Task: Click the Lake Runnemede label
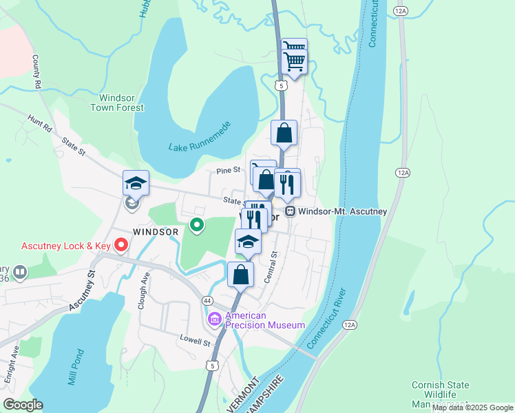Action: pos(200,147)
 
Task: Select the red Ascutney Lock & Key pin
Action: pos(122,244)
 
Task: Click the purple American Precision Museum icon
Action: pos(214,319)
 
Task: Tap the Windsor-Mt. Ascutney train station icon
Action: pos(291,211)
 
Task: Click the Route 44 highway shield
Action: pos(207,301)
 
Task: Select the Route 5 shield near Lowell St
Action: pos(215,366)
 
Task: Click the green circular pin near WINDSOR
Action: pos(197,224)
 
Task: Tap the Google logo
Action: pos(23,405)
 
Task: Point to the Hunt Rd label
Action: pos(40,123)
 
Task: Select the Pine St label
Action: pos(227,169)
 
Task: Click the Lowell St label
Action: pos(194,341)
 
